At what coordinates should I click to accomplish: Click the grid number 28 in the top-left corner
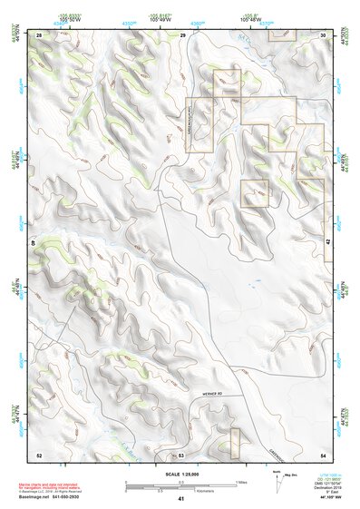tap(39, 34)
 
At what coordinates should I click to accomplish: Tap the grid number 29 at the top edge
tap(182, 34)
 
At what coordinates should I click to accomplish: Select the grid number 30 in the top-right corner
tap(324, 34)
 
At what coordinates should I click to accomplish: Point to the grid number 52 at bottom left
tap(39, 454)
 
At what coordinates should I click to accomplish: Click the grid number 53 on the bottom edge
tap(181, 454)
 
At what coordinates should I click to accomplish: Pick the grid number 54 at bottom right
tap(324, 454)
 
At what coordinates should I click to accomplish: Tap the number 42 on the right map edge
tap(327, 243)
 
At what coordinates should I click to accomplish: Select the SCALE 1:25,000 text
tap(180, 475)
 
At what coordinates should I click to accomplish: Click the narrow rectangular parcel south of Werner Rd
tap(234, 442)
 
